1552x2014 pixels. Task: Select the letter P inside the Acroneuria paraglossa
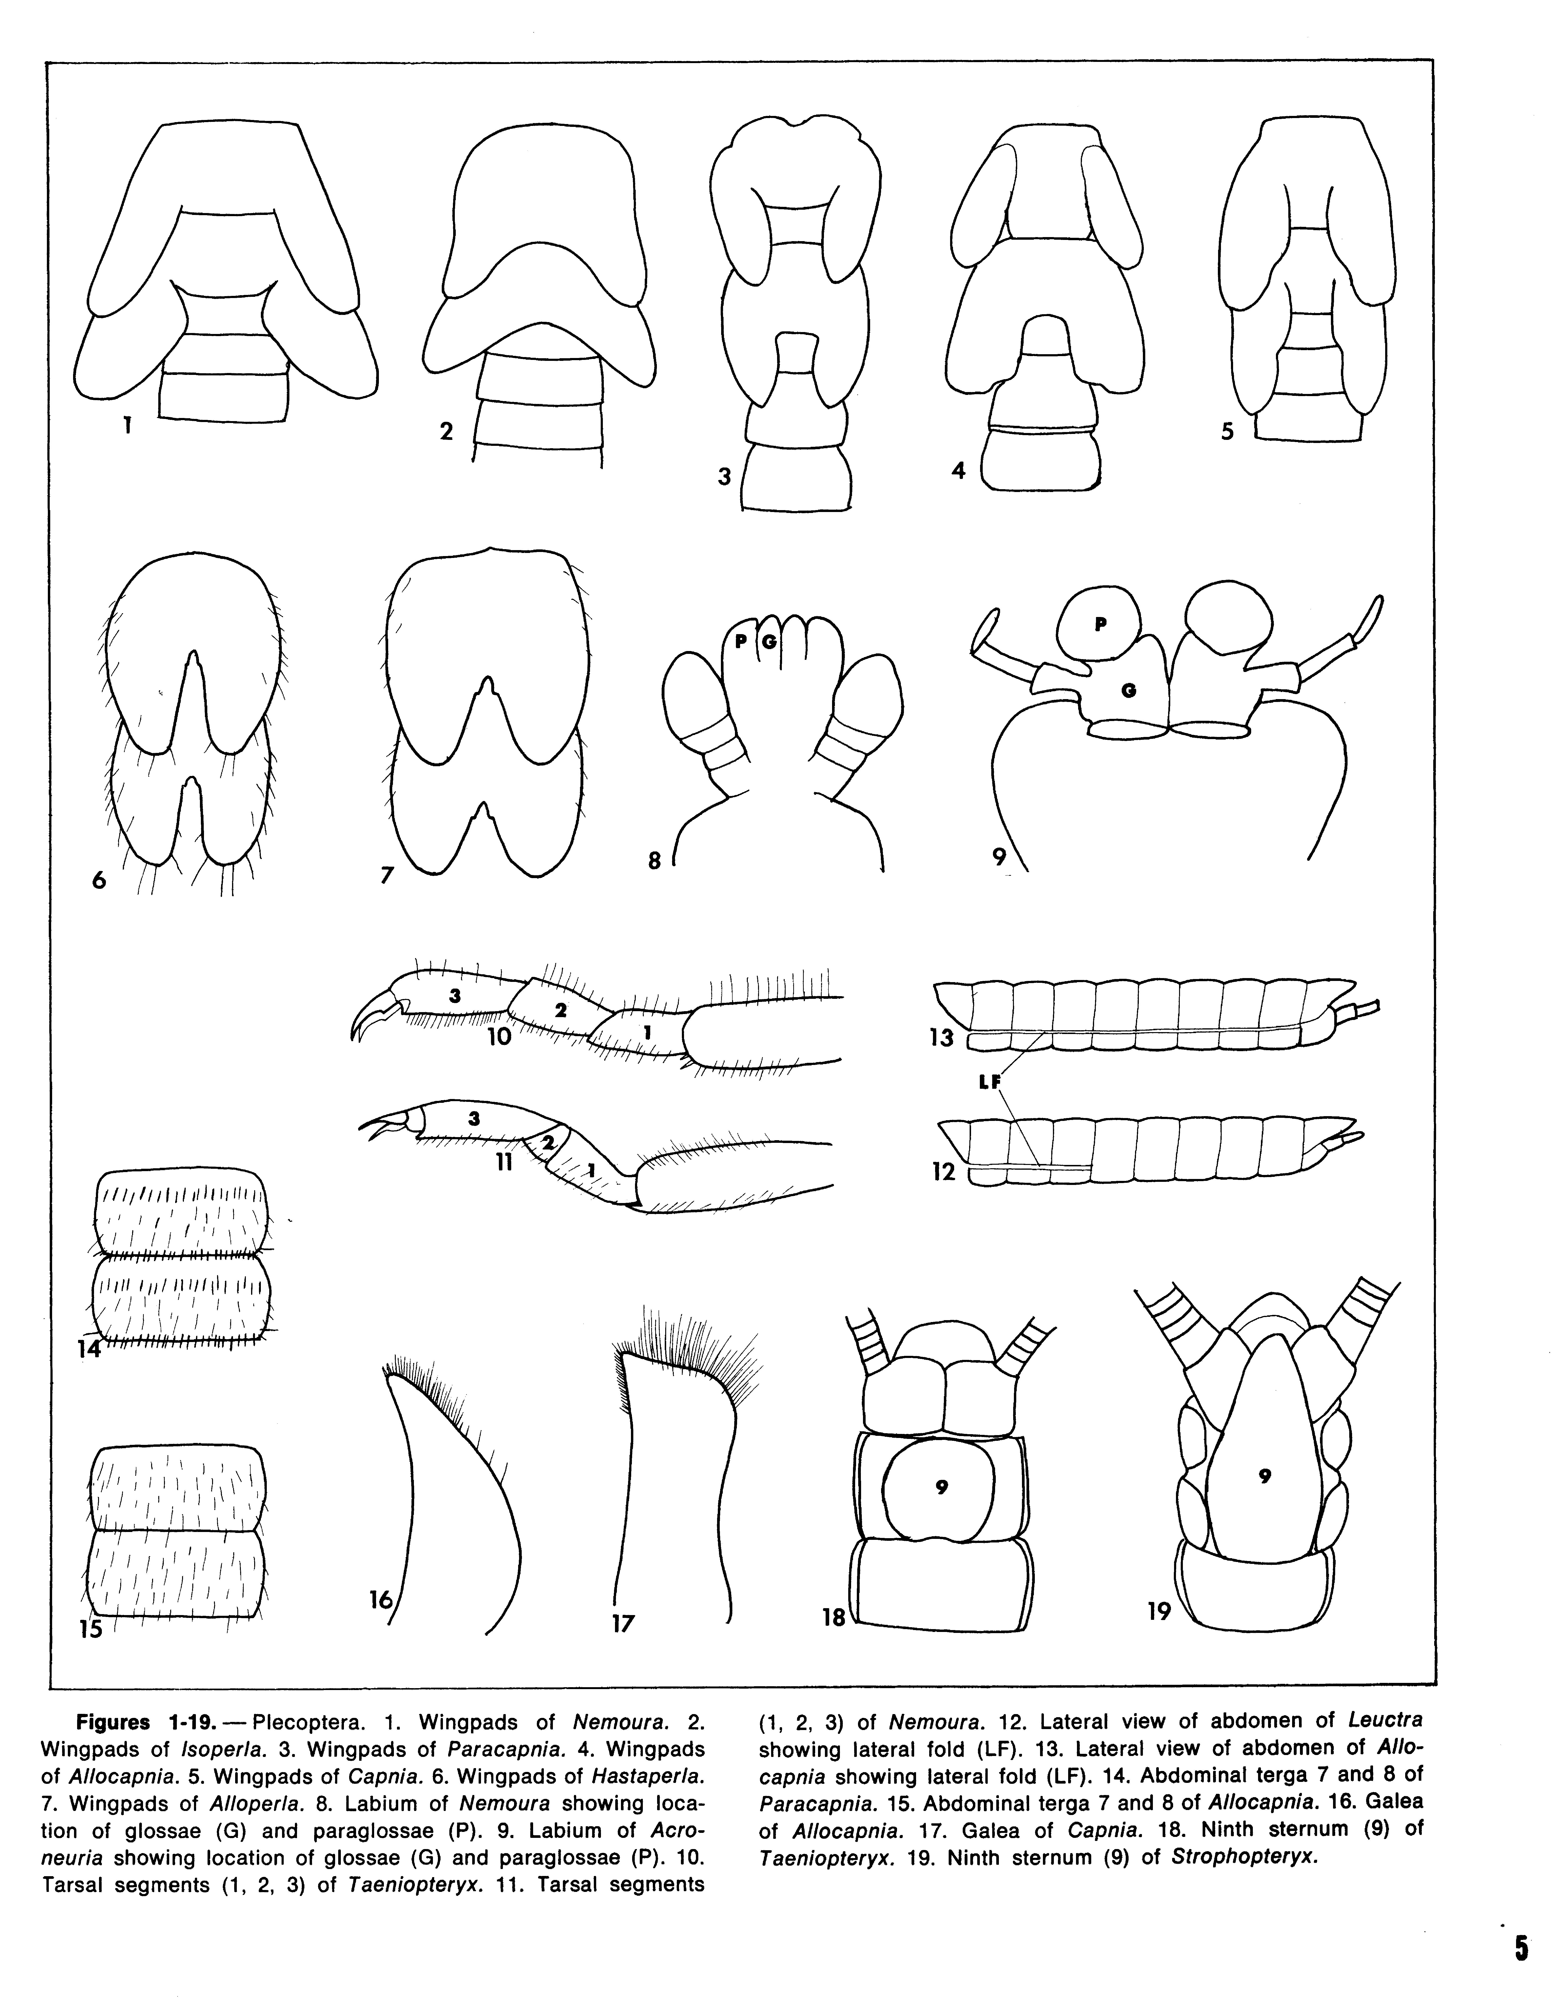(1099, 623)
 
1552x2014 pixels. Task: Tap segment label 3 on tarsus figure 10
(454, 994)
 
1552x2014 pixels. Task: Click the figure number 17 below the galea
(623, 1623)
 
